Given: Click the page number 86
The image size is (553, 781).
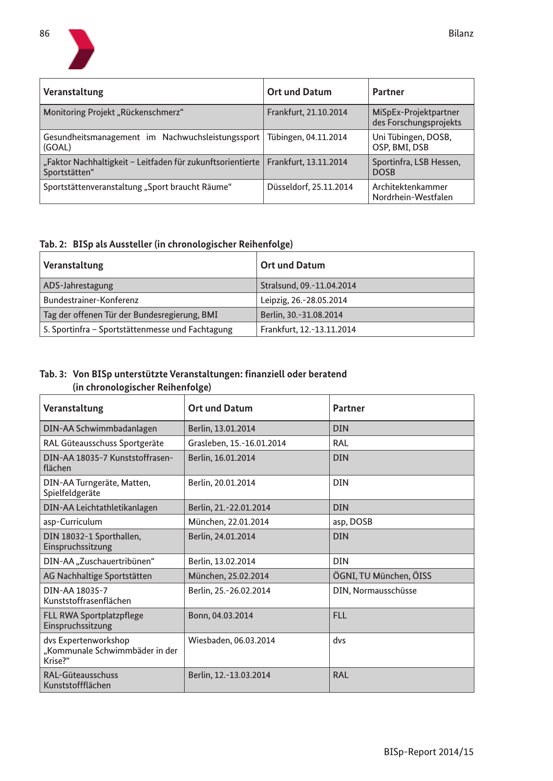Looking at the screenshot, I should coord(44,34).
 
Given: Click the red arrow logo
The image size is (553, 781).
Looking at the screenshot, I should coord(81,49).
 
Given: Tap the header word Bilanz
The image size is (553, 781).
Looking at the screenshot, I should coord(461,34).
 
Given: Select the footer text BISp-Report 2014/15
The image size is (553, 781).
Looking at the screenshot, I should coord(428,752).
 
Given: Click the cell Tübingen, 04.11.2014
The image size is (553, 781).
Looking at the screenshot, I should coord(307,137).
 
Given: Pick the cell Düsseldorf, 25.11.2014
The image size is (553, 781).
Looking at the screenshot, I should coord(310,187).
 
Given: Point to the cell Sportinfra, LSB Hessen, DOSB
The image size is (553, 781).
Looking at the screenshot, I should coord(416,167).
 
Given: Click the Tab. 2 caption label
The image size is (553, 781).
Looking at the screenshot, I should coord(53,244).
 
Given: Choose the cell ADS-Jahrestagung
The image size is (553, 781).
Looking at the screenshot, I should coord(78,286).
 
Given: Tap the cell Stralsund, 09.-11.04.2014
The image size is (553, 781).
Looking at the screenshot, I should coord(308,286).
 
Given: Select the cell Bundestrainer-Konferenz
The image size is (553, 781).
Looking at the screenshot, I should coord(91,300).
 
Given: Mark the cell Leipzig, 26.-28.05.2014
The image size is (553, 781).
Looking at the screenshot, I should coord(304,300).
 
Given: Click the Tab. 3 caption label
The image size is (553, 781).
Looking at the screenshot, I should coord(53,374).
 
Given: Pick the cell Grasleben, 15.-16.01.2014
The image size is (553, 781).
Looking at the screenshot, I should coord(237,443).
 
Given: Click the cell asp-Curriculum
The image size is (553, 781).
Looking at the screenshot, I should coord(73,522).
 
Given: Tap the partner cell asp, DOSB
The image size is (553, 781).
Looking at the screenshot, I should coord(352,522).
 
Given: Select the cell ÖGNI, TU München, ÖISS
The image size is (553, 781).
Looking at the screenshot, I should coord(382,576).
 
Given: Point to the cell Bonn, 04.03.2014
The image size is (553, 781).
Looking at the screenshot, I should coord(221,616).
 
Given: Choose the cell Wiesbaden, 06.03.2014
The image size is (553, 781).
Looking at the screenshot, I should coord(232,640).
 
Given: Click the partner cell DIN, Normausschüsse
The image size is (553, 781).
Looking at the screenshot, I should coord(375,591).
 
